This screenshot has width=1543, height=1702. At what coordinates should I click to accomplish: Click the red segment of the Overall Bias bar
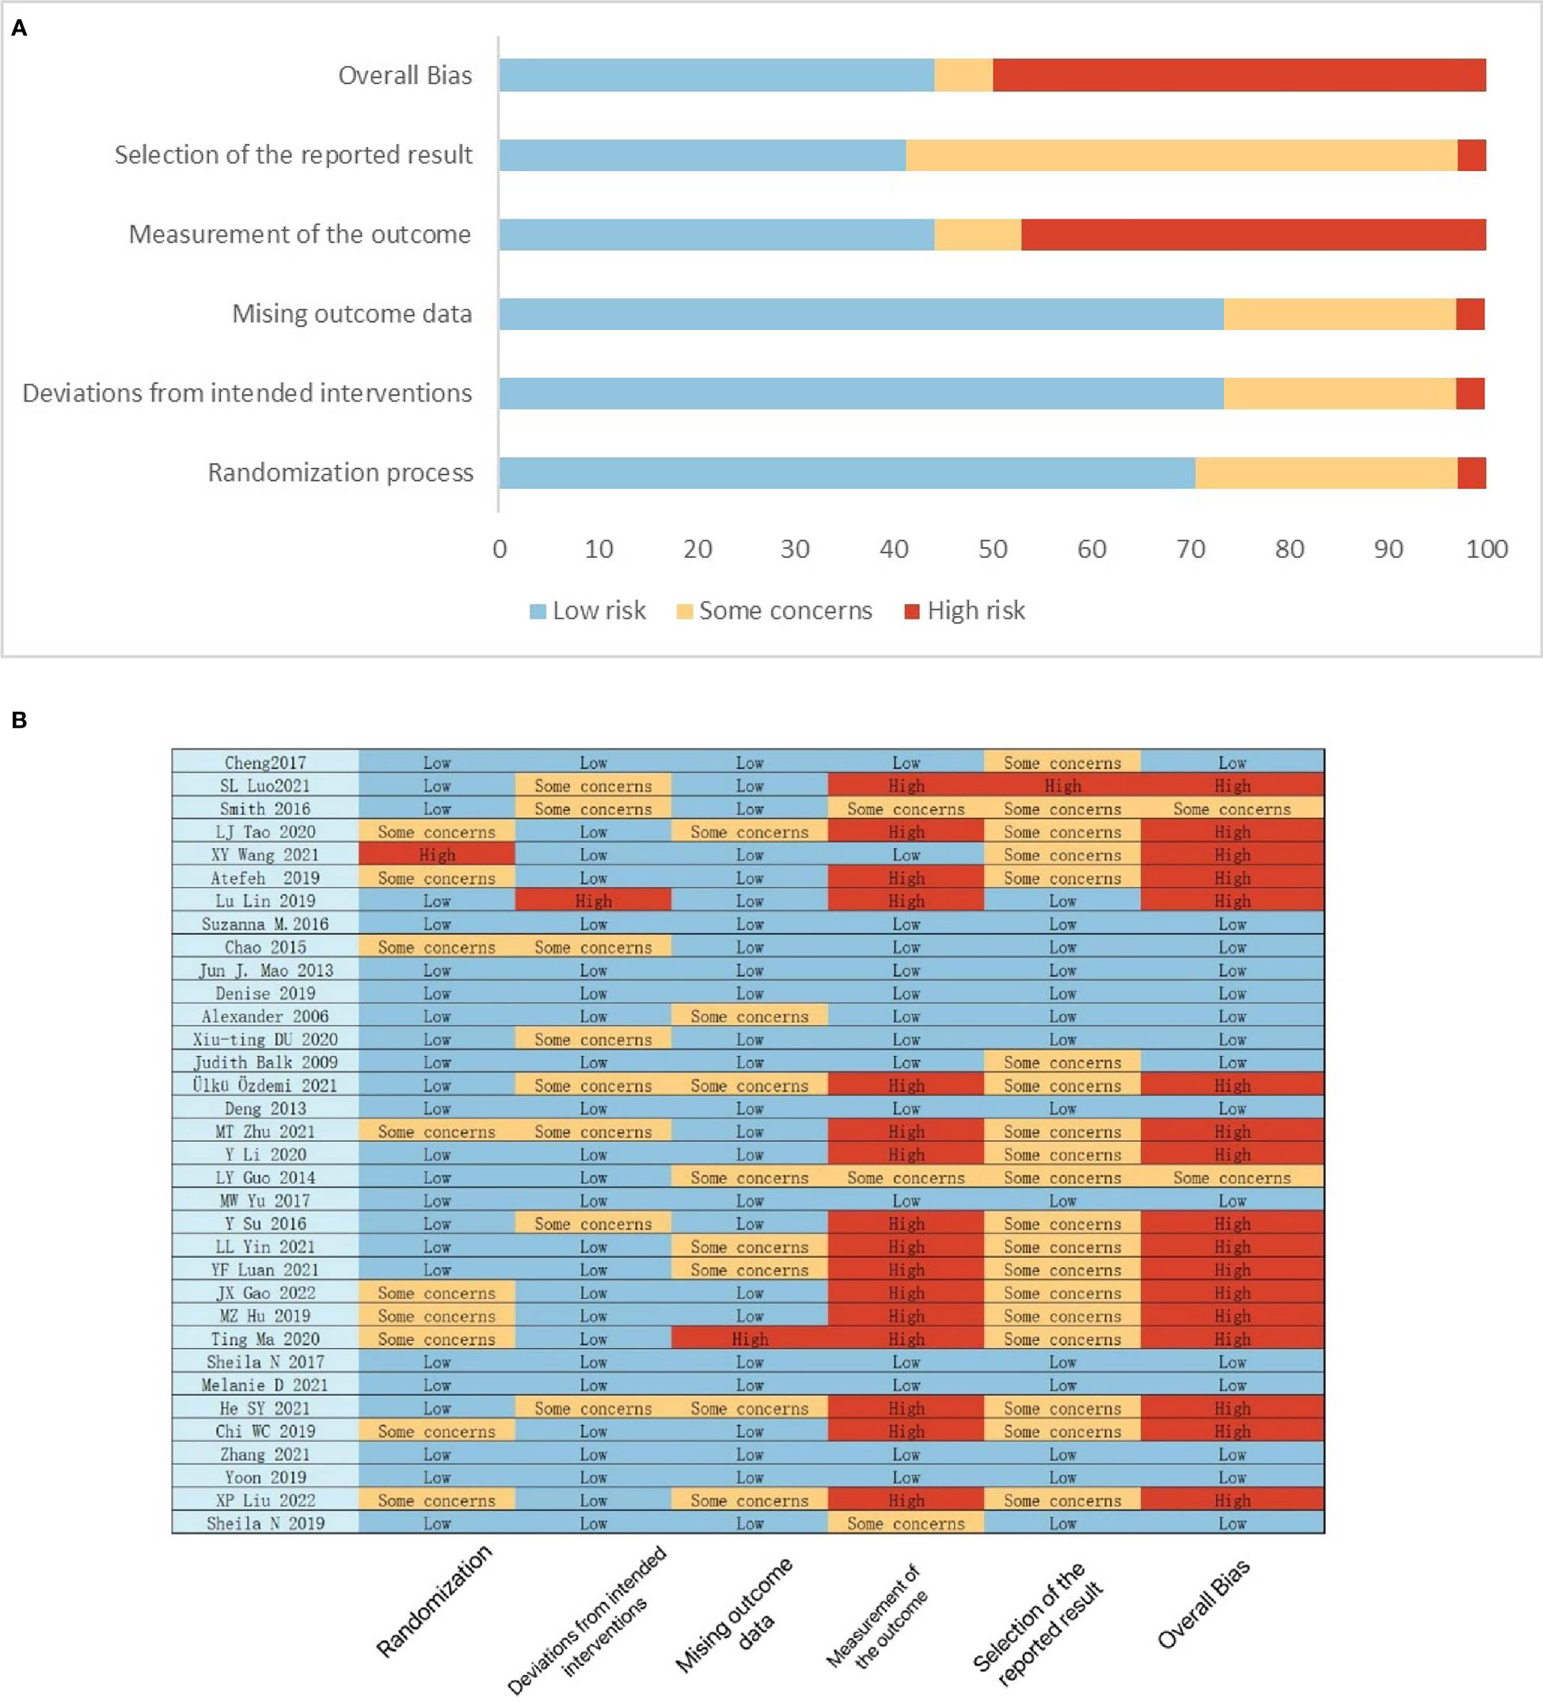click(1239, 75)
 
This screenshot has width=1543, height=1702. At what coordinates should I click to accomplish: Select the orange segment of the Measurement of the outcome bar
click(978, 234)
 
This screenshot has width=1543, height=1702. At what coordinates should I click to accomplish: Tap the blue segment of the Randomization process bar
click(846, 473)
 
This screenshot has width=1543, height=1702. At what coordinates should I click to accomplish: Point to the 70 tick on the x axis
click(1190, 549)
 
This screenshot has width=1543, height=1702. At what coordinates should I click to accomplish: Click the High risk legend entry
click(964, 610)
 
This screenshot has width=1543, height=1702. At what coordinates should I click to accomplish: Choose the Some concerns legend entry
click(774, 610)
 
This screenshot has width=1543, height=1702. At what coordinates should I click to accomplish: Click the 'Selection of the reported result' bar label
click(293, 155)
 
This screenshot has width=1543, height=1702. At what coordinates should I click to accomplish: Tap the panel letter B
click(18, 720)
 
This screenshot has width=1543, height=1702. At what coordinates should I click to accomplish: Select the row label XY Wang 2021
click(265, 854)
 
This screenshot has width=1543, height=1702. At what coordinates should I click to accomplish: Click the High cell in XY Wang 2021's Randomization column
click(437, 854)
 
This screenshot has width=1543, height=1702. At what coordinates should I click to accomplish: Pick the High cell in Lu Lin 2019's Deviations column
click(594, 901)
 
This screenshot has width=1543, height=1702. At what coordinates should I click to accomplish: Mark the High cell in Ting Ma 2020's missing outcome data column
click(750, 1339)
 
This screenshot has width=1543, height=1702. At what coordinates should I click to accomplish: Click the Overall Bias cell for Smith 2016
click(1233, 809)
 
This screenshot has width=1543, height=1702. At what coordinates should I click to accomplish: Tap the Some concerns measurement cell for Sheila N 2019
click(906, 1524)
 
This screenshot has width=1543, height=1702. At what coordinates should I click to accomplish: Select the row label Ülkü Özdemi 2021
click(265, 1085)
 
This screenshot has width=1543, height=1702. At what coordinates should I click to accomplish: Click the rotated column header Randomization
click(434, 1601)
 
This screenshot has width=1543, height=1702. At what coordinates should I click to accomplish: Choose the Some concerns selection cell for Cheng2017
click(1062, 762)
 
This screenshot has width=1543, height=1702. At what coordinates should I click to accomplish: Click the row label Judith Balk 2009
click(265, 1062)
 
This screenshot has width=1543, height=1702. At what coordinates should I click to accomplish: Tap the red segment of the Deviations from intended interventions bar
click(1470, 393)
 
